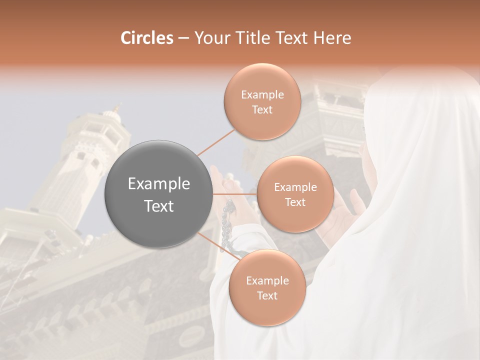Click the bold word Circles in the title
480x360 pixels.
147,38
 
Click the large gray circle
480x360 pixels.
158,194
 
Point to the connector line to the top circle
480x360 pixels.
216,142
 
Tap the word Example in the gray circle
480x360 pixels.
158,184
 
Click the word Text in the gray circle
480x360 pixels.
158,206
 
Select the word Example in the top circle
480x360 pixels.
262,95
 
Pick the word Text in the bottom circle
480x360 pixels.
267,295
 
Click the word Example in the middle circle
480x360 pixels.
295,187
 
